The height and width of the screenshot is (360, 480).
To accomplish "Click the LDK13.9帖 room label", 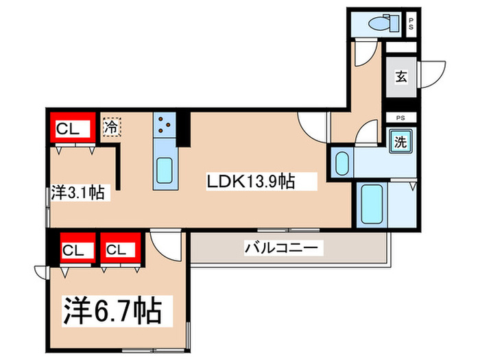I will (251, 182).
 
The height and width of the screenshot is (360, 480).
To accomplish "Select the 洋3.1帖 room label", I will (77, 194).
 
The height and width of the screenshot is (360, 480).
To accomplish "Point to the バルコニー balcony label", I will (281, 248).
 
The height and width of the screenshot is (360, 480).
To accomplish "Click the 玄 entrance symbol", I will (400, 77).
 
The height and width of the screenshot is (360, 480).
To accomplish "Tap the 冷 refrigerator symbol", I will (111, 127).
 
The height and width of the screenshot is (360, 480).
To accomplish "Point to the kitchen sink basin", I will (165, 171).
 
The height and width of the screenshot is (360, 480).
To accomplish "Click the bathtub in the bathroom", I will (372, 205).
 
